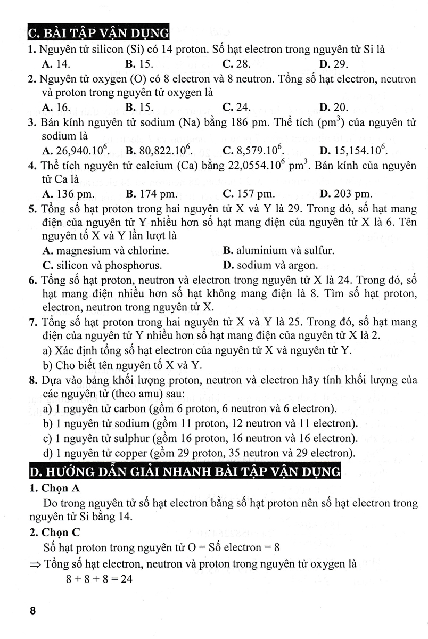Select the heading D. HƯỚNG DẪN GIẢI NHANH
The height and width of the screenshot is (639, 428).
tap(183, 472)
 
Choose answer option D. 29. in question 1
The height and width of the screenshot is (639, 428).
tap(334, 64)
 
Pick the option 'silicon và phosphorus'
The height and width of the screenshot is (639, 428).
tap(102, 265)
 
